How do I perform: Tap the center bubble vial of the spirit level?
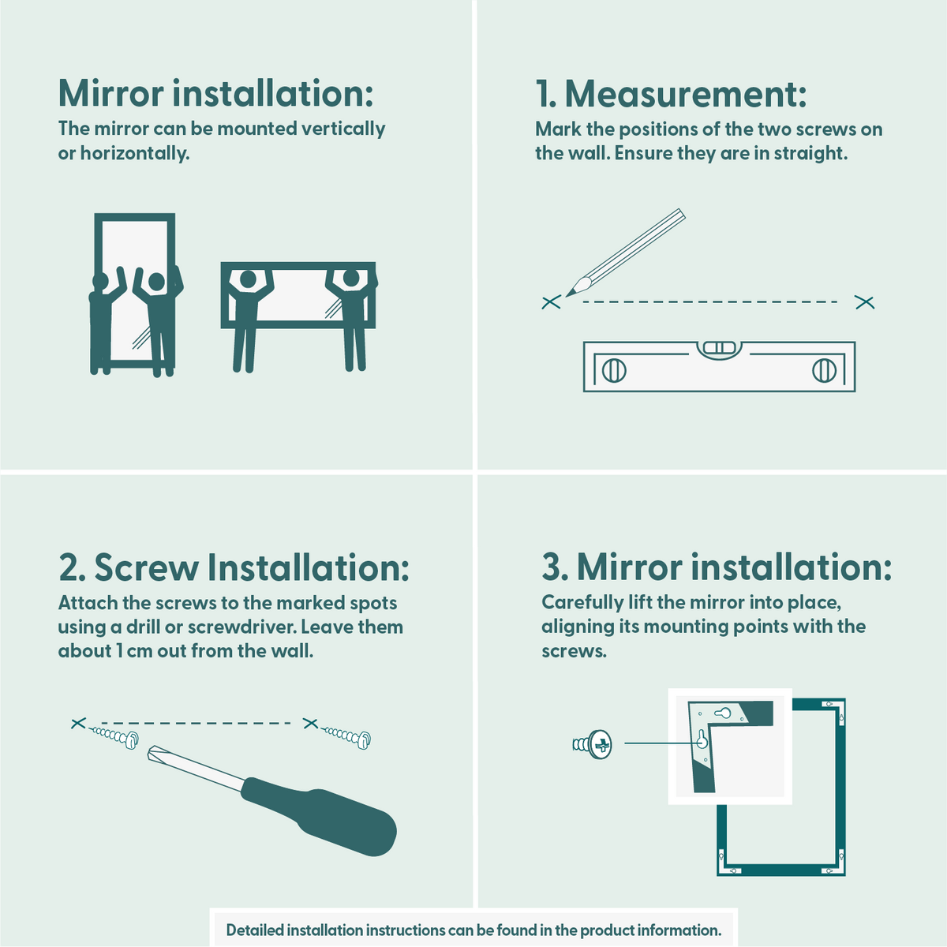(x=718, y=347)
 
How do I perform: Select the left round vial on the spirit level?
(x=614, y=370)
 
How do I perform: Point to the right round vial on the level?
(x=824, y=370)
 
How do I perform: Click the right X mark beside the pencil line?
(x=865, y=302)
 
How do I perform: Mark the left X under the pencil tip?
(x=551, y=301)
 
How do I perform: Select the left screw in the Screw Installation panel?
(x=115, y=736)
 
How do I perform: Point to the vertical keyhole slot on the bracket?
(x=701, y=740)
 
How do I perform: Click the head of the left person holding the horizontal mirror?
(x=248, y=279)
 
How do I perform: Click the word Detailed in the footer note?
(x=254, y=930)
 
